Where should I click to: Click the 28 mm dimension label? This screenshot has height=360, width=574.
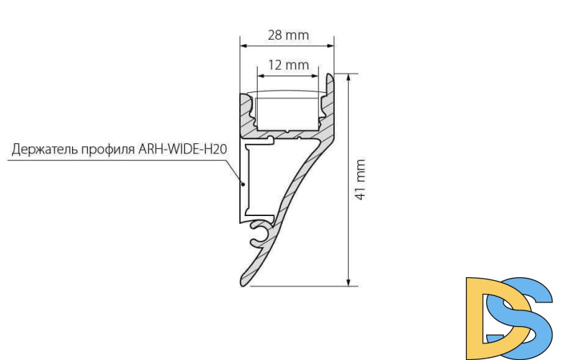tap(288, 35)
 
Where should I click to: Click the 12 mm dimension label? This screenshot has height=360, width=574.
tap(288, 65)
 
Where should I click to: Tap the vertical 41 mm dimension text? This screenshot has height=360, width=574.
tap(361, 180)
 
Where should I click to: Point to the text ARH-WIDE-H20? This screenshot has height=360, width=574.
tap(181, 150)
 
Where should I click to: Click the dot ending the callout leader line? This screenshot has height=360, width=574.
tap(243, 184)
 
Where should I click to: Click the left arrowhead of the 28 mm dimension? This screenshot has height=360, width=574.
tap(243, 45)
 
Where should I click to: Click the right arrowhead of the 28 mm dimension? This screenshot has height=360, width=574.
tap(332, 45)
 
